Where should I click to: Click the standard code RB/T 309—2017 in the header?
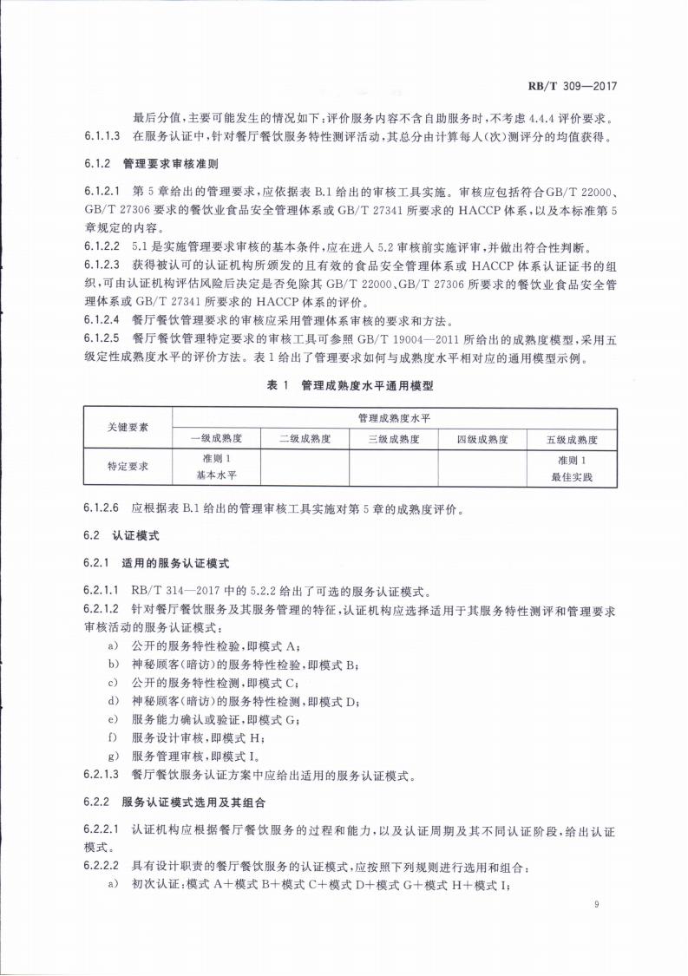pos(577,86)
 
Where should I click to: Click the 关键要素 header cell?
pos(128,427)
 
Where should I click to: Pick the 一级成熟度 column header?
pos(216,438)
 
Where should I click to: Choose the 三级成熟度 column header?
pos(393,438)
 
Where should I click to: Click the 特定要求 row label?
pos(128,466)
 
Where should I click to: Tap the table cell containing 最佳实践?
pos(572,466)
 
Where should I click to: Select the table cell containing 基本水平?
pos(216,466)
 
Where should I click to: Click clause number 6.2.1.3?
pos(103,775)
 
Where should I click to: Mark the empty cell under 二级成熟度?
pos(305,466)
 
